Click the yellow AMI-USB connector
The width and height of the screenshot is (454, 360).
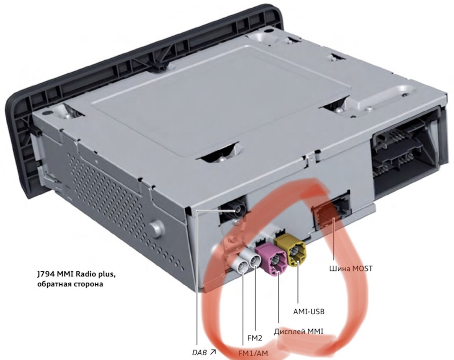(291, 251)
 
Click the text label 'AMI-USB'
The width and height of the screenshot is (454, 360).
(309, 311)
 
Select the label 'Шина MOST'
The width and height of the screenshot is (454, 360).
(351, 269)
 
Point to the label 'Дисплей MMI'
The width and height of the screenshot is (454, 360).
(298, 331)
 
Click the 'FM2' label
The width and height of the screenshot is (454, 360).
(255, 338)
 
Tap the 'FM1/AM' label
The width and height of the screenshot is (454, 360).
(253, 353)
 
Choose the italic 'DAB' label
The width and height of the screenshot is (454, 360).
(199, 353)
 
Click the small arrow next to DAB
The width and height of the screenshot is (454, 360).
(213, 352)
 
